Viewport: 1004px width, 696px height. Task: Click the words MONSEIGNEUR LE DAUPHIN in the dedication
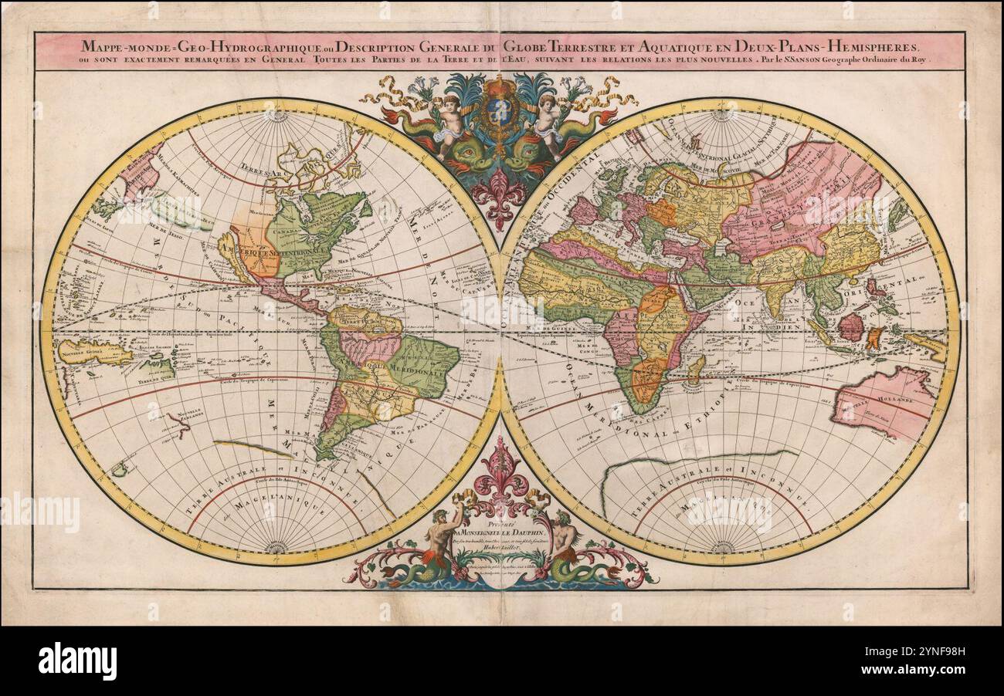click(x=501, y=532)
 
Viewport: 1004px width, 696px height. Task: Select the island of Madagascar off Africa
click(x=695, y=369)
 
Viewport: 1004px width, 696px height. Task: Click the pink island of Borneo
click(x=850, y=326)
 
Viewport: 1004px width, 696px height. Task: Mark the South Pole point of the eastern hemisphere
click(x=722, y=549)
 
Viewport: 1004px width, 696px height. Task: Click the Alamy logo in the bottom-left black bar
click(x=77, y=661)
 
